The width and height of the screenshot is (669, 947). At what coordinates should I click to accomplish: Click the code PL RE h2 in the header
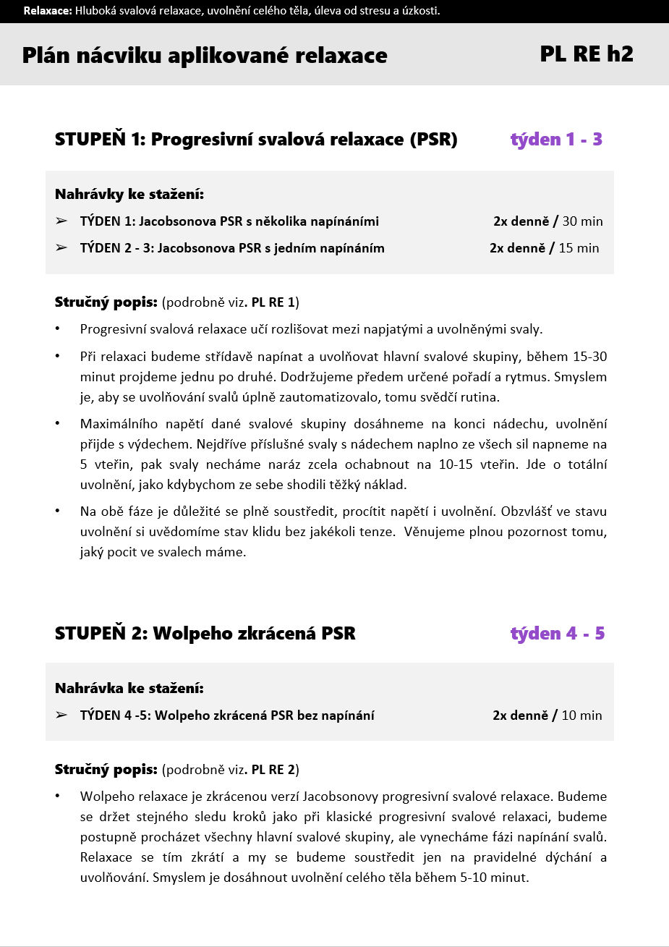tap(586, 54)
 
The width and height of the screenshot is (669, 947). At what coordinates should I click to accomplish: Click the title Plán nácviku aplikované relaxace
tap(205, 56)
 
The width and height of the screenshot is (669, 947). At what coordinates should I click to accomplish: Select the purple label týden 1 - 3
tap(556, 140)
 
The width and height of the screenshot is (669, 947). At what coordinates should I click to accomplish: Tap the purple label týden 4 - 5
tap(557, 634)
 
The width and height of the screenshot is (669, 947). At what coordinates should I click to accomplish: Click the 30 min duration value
tap(581, 221)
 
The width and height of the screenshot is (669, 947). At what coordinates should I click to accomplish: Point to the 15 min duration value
tap(579, 248)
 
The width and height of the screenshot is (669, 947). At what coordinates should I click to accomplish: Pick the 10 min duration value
tap(581, 715)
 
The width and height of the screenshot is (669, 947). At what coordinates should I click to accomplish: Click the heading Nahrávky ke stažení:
tap(129, 195)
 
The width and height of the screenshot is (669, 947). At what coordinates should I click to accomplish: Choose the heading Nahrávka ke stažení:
tap(129, 688)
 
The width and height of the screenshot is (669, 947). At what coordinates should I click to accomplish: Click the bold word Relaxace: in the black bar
tap(48, 11)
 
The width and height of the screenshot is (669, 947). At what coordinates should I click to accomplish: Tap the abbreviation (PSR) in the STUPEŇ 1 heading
tap(432, 140)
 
